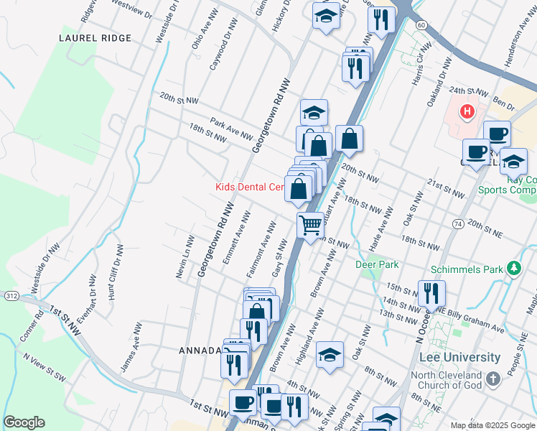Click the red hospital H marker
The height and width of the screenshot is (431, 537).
coord(467,112)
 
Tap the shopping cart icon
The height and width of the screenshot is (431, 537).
coord(310,225)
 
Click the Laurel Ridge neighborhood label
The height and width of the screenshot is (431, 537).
coord(95,38)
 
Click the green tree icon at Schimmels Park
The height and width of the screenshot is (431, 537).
coord(513,269)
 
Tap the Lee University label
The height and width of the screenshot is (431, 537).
coord(459,357)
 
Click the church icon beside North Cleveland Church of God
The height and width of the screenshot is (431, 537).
coord(492,378)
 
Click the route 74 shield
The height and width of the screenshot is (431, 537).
coord(457,225)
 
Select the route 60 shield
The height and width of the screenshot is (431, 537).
coord(421,24)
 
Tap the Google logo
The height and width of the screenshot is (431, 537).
coord(24,422)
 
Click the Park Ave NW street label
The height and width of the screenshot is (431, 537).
coord(231,129)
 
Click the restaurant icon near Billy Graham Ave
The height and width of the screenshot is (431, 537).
coord(431,292)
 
